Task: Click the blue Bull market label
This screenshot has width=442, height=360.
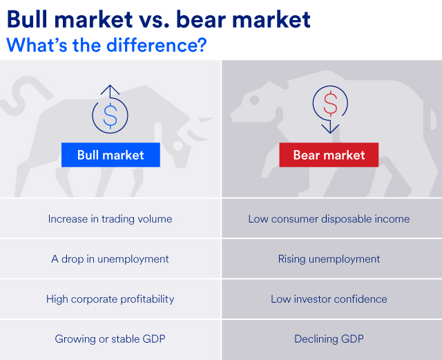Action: [x=110, y=155]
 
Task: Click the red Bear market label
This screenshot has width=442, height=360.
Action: [x=329, y=155]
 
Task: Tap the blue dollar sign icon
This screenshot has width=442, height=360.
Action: [x=110, y=115]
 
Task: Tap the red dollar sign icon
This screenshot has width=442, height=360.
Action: [x=330, y=104]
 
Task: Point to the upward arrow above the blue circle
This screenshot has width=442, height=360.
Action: [x=110, y=91]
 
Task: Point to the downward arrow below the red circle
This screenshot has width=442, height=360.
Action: [x=330, y=127]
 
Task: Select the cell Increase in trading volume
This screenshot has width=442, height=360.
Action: [x=110, y=219]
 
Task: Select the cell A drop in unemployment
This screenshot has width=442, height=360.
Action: [x=110, y=259]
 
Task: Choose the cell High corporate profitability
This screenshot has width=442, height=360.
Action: [x=110, y=299]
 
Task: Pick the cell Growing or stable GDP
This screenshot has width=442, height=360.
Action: [x=110, y=339]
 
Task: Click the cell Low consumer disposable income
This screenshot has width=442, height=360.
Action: [x=329, y=219]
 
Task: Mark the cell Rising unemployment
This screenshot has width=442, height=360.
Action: [x=329, y=259]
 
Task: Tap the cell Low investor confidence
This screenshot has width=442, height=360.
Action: [x=329, y=299]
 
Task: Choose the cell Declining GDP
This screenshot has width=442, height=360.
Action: [x=329, y=339]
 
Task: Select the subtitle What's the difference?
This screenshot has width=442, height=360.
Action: [x=107, y=45]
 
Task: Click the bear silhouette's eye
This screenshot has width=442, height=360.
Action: [x=256, y=100]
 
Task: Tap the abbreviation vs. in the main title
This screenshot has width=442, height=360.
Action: [x=150, y=19]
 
